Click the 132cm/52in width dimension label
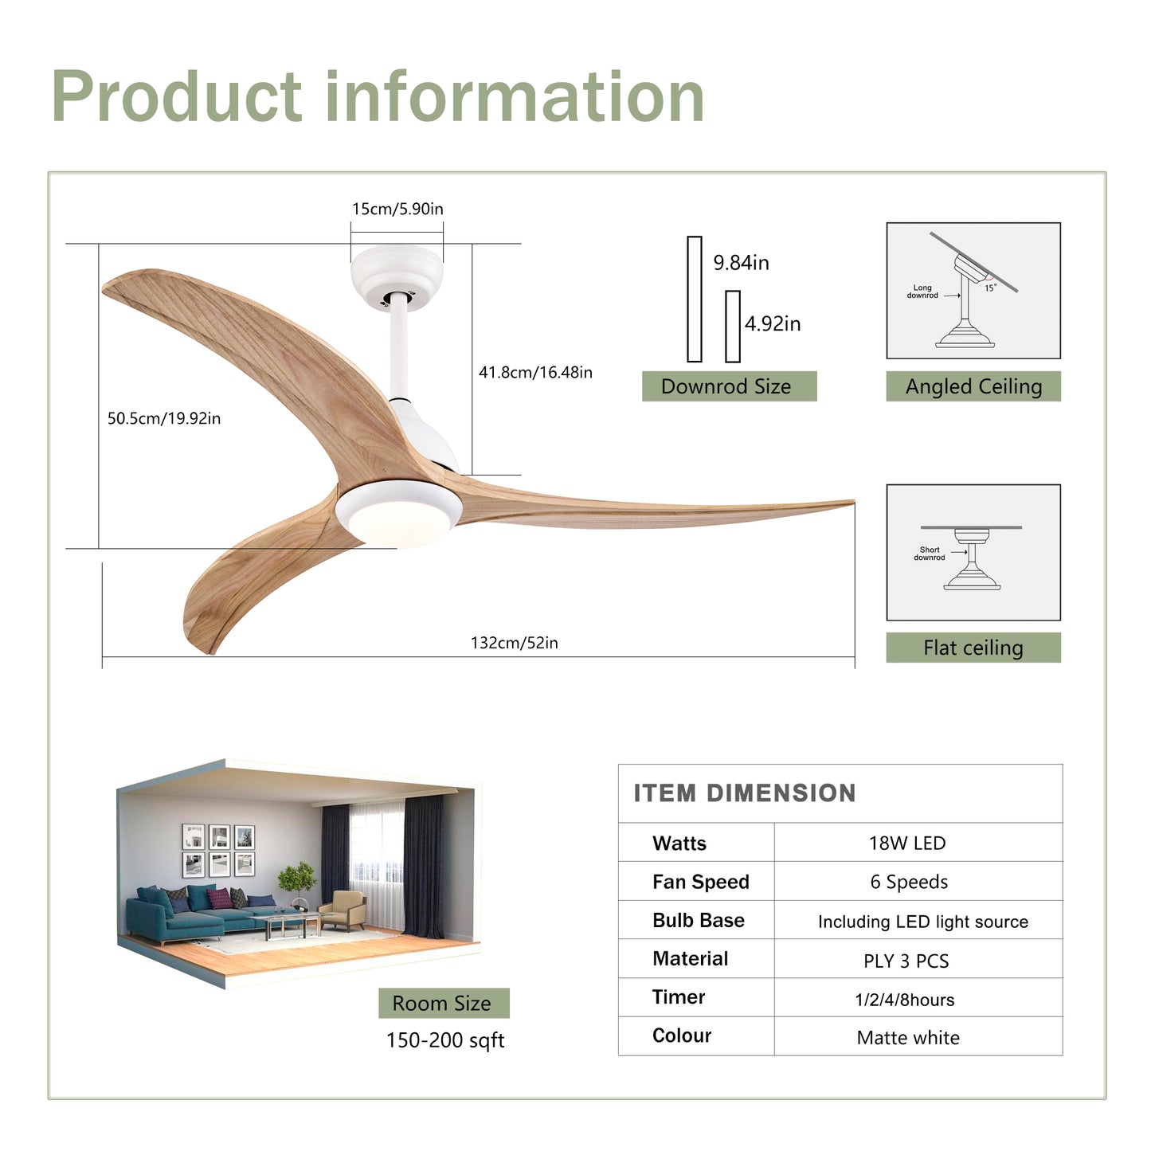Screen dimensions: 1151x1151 click(514, 643)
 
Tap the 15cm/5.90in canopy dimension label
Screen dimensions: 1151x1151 click(397, 209)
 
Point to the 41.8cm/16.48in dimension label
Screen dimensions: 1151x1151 click(535, 372)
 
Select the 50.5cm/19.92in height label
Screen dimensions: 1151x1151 click(164, 418)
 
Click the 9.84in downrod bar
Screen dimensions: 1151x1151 click(695, 299)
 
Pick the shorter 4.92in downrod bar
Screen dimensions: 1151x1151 click(733, 326)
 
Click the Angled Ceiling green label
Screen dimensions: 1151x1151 click(973, 386)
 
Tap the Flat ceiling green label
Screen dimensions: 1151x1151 click(973, 648)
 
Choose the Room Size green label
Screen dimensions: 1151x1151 click(443, 1003)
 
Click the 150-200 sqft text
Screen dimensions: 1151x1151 click(445, 1040)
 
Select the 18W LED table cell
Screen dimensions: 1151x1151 click(906, 843)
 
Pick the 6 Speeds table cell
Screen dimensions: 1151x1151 click(909, 882)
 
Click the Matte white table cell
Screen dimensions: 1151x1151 click(908, 1037)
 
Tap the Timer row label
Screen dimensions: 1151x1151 click(679, 997)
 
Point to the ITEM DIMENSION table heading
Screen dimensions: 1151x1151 click(745, 793)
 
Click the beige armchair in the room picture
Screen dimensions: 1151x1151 click(345, 910)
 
